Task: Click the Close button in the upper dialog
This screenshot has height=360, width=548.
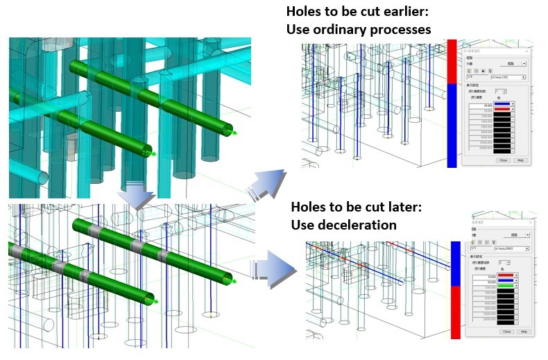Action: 502,160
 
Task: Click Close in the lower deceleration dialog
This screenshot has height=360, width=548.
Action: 506,332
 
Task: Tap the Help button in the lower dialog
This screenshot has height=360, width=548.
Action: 523,332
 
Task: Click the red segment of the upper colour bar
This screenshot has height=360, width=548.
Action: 452,62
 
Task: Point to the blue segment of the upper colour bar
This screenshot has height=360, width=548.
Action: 452,125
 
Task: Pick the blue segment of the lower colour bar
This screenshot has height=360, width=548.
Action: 456,264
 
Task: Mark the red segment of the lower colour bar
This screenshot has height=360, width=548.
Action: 456,312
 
